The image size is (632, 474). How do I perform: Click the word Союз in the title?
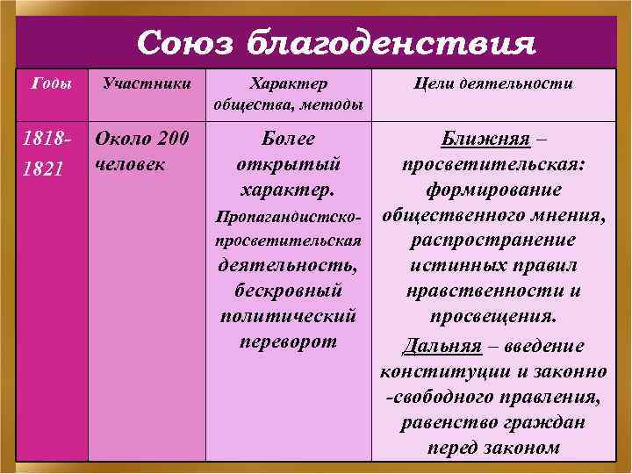pos(183,41)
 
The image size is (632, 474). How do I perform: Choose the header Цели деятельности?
pos(492,84)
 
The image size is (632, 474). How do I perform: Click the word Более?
pos(289,139)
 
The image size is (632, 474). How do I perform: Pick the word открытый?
pos(289,164)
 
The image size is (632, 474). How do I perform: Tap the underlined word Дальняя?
pos(441,345)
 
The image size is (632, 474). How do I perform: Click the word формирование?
pos(492,190)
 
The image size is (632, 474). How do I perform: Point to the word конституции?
pos(434,371)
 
